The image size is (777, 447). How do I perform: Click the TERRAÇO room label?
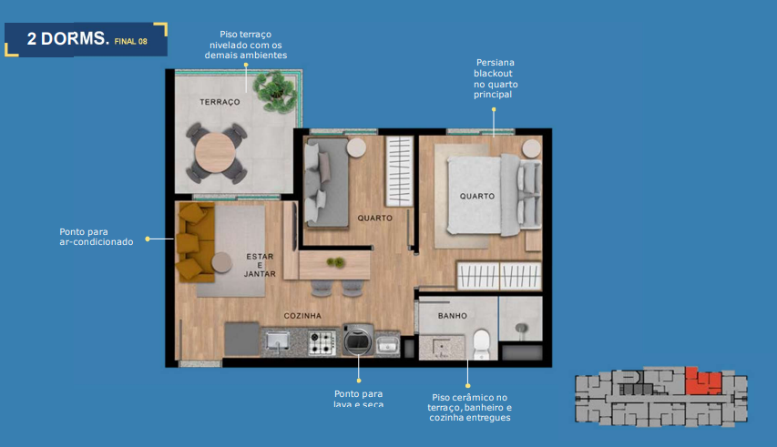pos(220,102)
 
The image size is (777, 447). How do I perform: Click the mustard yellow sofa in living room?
pos(193,242)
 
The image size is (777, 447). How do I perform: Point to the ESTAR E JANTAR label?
pos(259,265)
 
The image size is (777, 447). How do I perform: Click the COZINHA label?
pos(302,315)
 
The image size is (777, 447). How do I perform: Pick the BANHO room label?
pos(452,316)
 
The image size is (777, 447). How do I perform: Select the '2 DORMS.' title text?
pos(68,40)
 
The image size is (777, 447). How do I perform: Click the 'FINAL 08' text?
pos(130,42)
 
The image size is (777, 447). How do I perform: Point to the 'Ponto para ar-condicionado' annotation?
pos(97,237)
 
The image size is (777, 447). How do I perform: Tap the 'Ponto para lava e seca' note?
pos(359,399)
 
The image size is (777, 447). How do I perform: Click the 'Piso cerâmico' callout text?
pos(469,407)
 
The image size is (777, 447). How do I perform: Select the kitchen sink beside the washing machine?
pos(387,343)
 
